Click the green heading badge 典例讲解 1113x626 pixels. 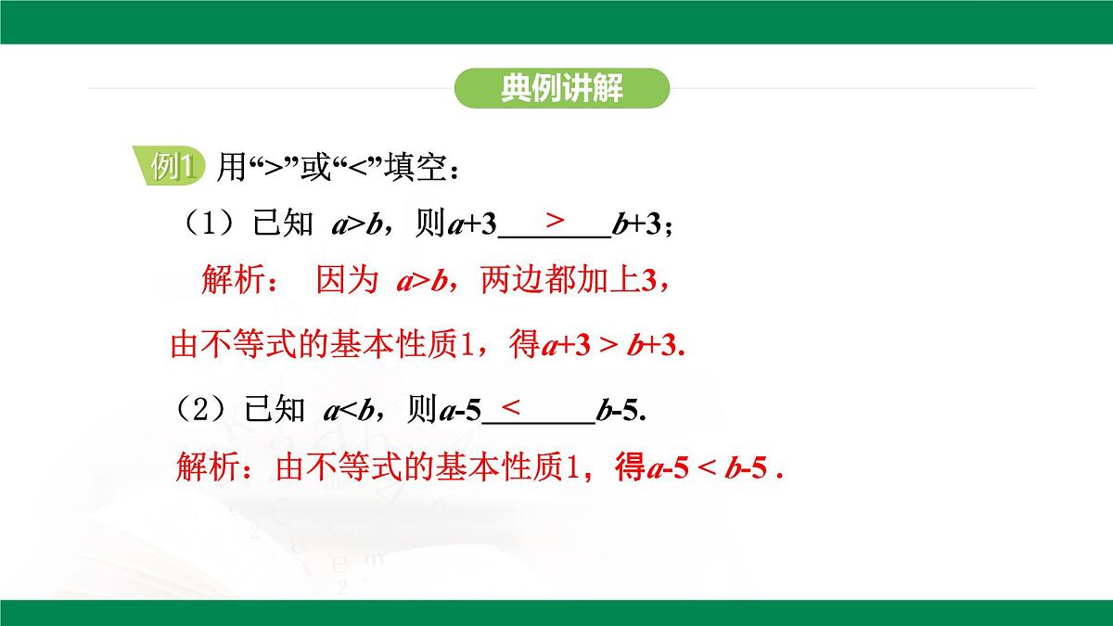point(562,89)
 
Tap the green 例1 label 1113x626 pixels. point(174,167)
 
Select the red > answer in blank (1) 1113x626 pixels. point(555,220)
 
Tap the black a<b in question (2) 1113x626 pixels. point(347,410)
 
